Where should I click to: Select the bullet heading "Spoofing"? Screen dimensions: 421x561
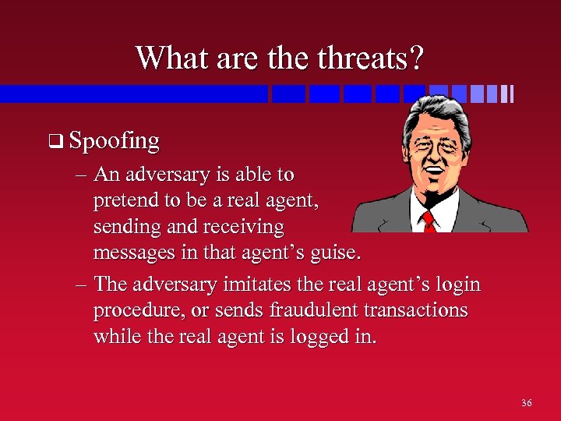point(114,141)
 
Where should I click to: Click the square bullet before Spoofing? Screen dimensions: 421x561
point(54,143)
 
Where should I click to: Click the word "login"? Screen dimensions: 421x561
point(456,285)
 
